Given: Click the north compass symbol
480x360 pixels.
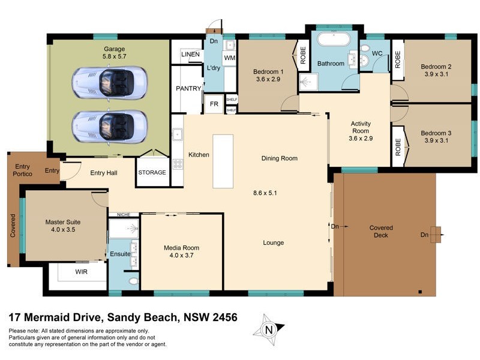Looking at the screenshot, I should pos(269,328).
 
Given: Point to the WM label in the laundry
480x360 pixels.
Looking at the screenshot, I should pos(229,58).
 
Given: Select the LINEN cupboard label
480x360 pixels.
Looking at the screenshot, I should pos(190,54).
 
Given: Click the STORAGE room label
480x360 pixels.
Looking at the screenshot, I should pos(152,172).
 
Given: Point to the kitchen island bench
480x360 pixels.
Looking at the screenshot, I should pos(223,161).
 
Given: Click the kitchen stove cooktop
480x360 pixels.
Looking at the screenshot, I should pos(178,164).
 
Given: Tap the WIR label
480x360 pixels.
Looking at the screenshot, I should pos(82,272).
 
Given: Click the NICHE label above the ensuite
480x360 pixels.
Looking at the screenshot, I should pos(124,214).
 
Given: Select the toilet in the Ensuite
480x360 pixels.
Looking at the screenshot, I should pos(133,281).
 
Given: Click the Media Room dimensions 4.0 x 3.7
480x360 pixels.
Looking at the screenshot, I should pos(181,255).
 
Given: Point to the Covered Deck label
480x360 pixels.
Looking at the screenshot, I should pos(381,231).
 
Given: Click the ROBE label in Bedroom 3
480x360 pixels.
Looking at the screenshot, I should pos(397,148).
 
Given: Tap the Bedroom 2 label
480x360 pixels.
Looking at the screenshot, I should pos(436,67).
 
